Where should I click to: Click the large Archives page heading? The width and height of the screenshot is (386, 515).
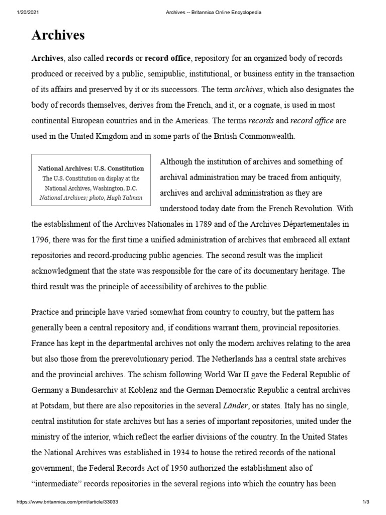click(58, 35)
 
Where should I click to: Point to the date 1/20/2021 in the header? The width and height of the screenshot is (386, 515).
click(17, 12)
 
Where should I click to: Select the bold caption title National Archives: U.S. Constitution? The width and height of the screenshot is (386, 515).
click(91, 168)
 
